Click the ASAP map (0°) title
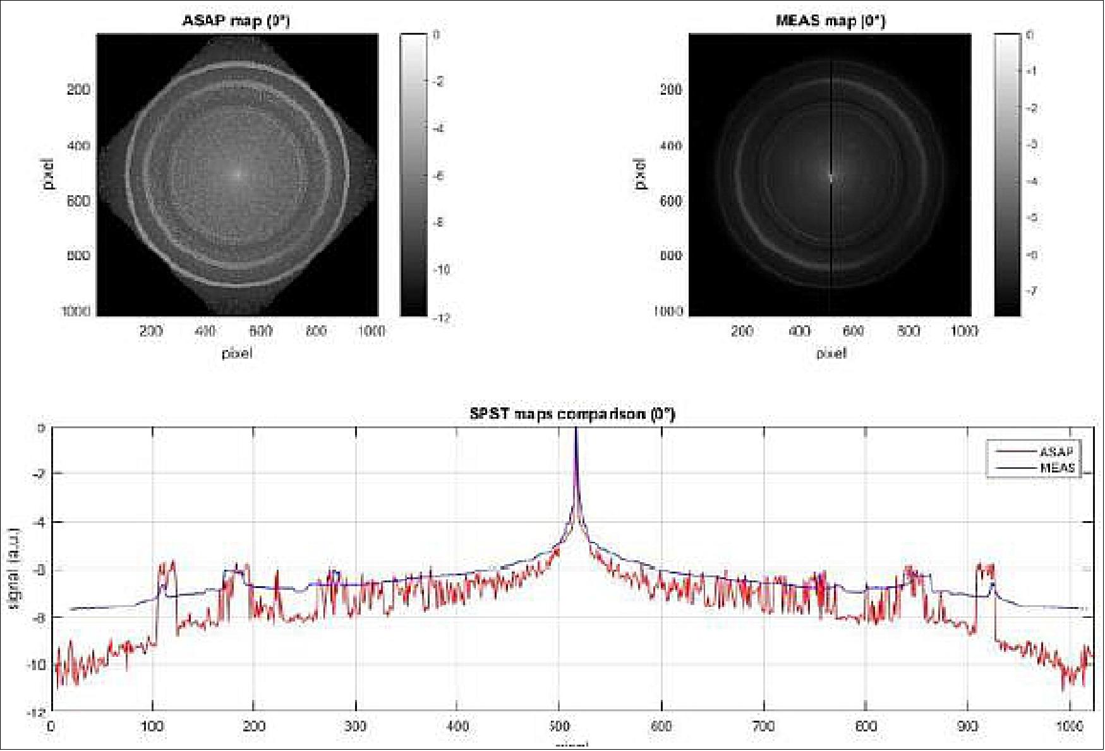[236, 21]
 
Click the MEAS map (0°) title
[830, 21]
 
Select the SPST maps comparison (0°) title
[572, 414]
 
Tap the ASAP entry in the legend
[1056, 452]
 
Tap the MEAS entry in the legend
[1057, 468]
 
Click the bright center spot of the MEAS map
[831, 176]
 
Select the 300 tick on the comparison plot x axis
[355, 726]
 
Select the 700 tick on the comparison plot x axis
[763, 726]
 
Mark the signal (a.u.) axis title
[14, 569]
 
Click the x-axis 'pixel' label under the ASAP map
[237, 353]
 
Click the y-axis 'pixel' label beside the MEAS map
[641, 174]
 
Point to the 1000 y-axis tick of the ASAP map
[76, 311]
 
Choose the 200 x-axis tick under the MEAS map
[742, 331]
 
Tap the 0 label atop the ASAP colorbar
[436, 35]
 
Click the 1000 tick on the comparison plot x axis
[1069, 726]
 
